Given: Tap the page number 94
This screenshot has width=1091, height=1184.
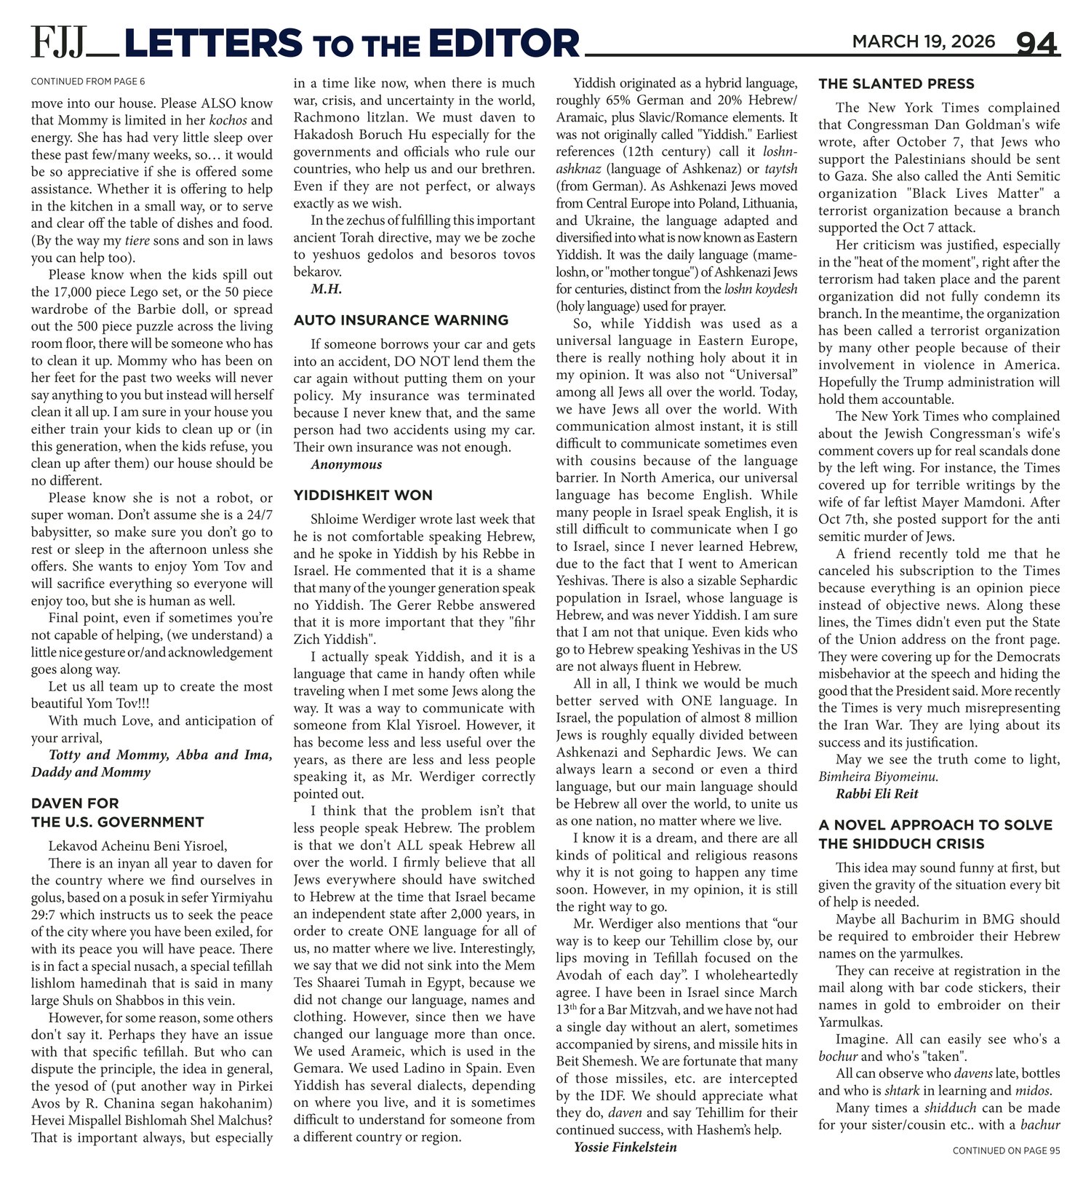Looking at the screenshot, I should [x=1036, y=44].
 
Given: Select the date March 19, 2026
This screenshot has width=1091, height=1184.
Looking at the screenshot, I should [x=923, y=41].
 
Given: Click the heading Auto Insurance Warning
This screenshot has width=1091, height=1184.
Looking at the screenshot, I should [x=401, y=320].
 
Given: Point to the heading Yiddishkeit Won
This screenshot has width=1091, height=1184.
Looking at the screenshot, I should [x=363, y=496].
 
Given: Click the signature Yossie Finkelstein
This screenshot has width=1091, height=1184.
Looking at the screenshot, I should [x=625, y=1148].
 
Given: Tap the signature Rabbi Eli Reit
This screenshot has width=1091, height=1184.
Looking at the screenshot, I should [x=876, y=794].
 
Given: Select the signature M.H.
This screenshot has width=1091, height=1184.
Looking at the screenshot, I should [x=327, y=289].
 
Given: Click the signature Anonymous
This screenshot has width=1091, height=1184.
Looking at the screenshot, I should [x=346, y=465].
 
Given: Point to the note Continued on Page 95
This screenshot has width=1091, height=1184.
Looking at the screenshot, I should [x=1006, y=1151].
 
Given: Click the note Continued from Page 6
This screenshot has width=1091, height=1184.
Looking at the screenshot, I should [x=87, y=82].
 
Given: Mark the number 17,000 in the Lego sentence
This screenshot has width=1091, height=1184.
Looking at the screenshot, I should [x=73, y=293].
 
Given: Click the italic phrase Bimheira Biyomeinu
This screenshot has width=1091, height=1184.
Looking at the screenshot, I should [x=878, y=776].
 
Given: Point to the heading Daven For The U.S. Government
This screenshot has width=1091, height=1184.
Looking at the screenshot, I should [x=117, y=813].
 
